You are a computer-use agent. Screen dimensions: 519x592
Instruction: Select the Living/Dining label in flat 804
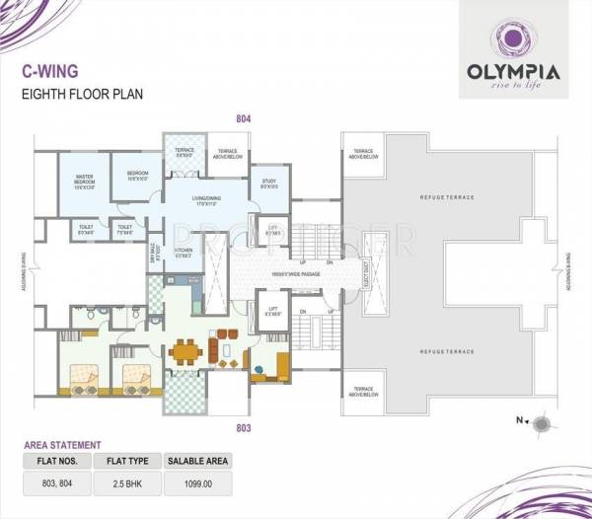(198, 200)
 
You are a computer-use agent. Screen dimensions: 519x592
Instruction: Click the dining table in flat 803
(184, 350)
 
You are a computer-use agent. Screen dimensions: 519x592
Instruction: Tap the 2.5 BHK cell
(125, 483)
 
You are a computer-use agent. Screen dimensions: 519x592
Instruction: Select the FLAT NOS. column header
(55, 461)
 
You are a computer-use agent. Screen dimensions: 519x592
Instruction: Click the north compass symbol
(541, 423)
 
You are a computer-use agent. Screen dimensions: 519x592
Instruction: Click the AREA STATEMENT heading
(62, 445)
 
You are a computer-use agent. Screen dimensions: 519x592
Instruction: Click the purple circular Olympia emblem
(513, 38)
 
